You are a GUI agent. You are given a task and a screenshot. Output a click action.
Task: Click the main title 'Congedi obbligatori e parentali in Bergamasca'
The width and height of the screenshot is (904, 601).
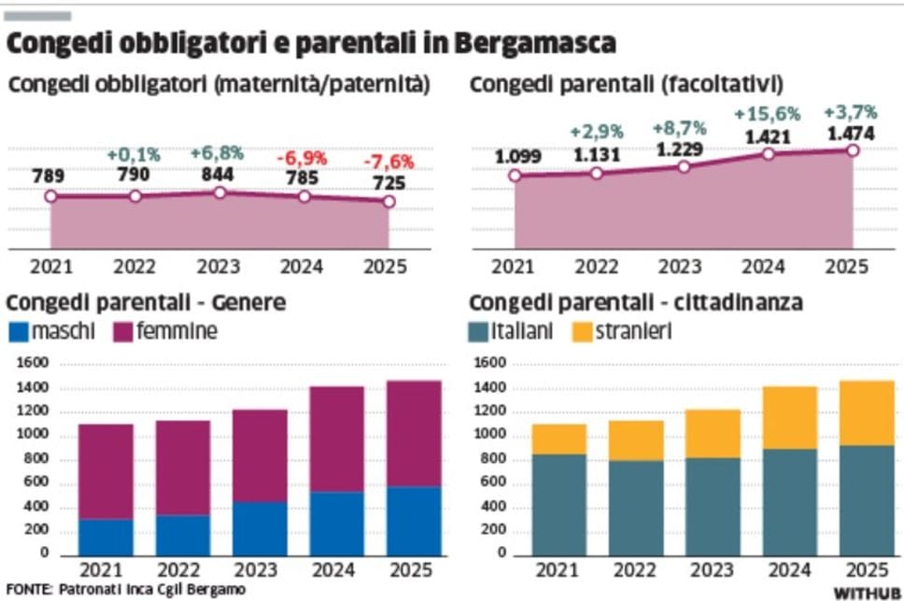312,44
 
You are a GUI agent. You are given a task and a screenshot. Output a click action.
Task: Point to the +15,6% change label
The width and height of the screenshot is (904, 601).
767,114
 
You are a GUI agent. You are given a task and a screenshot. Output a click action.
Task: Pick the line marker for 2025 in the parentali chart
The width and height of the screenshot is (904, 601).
852,150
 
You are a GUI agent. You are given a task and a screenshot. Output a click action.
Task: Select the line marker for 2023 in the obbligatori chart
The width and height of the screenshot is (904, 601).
220,192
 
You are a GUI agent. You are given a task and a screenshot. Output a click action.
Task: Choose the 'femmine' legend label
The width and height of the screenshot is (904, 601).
177,331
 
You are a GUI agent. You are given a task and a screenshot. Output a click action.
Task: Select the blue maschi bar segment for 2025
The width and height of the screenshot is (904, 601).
415,521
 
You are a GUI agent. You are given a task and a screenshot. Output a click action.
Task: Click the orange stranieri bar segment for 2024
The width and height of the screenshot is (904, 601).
790,417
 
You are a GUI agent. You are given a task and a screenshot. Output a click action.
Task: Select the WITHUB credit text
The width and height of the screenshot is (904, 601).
867,593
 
